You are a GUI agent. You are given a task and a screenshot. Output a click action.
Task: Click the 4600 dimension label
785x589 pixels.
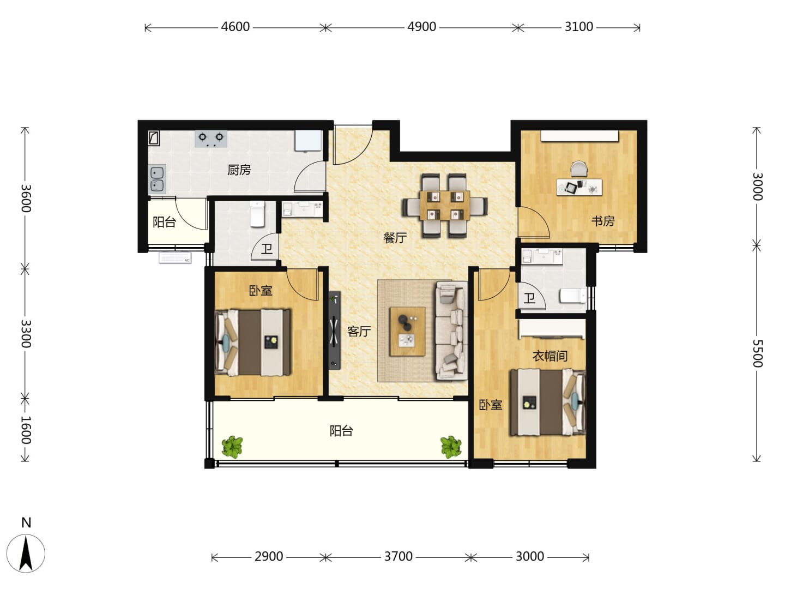click(x=235, y=27)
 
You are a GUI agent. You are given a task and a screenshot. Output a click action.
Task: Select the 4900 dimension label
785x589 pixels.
click(x=421, y=27)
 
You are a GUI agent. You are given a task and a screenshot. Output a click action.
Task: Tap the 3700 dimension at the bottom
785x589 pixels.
click(x=398, y=556)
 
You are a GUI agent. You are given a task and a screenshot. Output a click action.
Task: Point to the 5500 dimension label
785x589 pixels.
click(x=757, y=353)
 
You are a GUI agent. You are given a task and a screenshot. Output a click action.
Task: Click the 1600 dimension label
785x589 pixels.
click(x=26, y=430)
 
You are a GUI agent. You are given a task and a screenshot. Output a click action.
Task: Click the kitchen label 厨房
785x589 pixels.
click(x=239, y=170)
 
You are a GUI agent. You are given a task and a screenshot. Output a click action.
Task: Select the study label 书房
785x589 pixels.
click(x=602, y=221)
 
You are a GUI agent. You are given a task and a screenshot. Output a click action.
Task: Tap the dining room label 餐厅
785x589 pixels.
click(x=395, y=237)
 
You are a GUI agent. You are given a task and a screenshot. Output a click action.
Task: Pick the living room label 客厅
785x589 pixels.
click(x=359, y=332)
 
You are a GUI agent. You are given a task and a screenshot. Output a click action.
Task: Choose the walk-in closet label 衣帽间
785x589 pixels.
click(x=549, y=356)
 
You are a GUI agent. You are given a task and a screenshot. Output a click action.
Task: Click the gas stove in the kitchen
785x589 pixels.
click(x=210, y=139)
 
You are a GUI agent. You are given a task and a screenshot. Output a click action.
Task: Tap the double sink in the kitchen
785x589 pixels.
click(x=157, y=179)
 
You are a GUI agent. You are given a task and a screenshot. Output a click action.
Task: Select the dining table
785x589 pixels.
click(x=444, y=206)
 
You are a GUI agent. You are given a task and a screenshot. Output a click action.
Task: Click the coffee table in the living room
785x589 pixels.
click(x=407, y=331)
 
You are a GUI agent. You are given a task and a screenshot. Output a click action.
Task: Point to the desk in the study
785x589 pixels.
click(x=579, y=187)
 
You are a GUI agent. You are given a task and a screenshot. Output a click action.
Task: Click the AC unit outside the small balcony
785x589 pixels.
click(x=175, y=258)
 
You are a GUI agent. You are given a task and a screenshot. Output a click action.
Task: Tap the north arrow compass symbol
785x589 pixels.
click(x=26, y=553)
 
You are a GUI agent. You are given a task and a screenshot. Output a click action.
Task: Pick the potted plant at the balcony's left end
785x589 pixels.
click(x=232, y=447)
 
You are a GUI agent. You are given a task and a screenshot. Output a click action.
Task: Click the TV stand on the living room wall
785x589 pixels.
click(x=335, y=330)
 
